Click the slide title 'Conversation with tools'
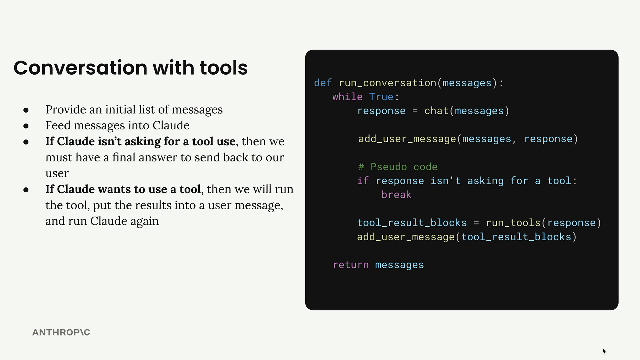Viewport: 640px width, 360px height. pos(130,68)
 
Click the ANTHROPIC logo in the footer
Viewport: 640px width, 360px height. pos(61,332)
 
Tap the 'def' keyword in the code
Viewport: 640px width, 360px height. pos(323,83)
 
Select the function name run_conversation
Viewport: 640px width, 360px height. pos(387,83)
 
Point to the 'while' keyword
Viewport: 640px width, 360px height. pos(347,97)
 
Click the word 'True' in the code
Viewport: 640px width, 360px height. pos(381,97)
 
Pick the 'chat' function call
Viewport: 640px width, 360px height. pos(436,111)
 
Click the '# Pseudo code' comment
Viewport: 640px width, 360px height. pos(398,167)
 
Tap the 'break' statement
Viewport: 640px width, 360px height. pos(396,195)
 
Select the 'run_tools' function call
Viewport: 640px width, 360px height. pos(513,223)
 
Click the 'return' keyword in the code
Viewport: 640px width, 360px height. pos(351,265)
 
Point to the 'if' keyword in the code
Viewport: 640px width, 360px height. pos(363,181)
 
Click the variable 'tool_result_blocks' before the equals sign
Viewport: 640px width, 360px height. pos(412,223)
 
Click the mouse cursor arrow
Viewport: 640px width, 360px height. pos(604,351)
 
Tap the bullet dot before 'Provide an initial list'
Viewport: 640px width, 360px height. pos(26,110)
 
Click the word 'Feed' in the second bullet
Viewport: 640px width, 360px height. pos(58,125)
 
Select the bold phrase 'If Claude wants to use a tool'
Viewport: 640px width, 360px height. pos(123,189)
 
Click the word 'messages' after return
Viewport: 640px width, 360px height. pos(399,265)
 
